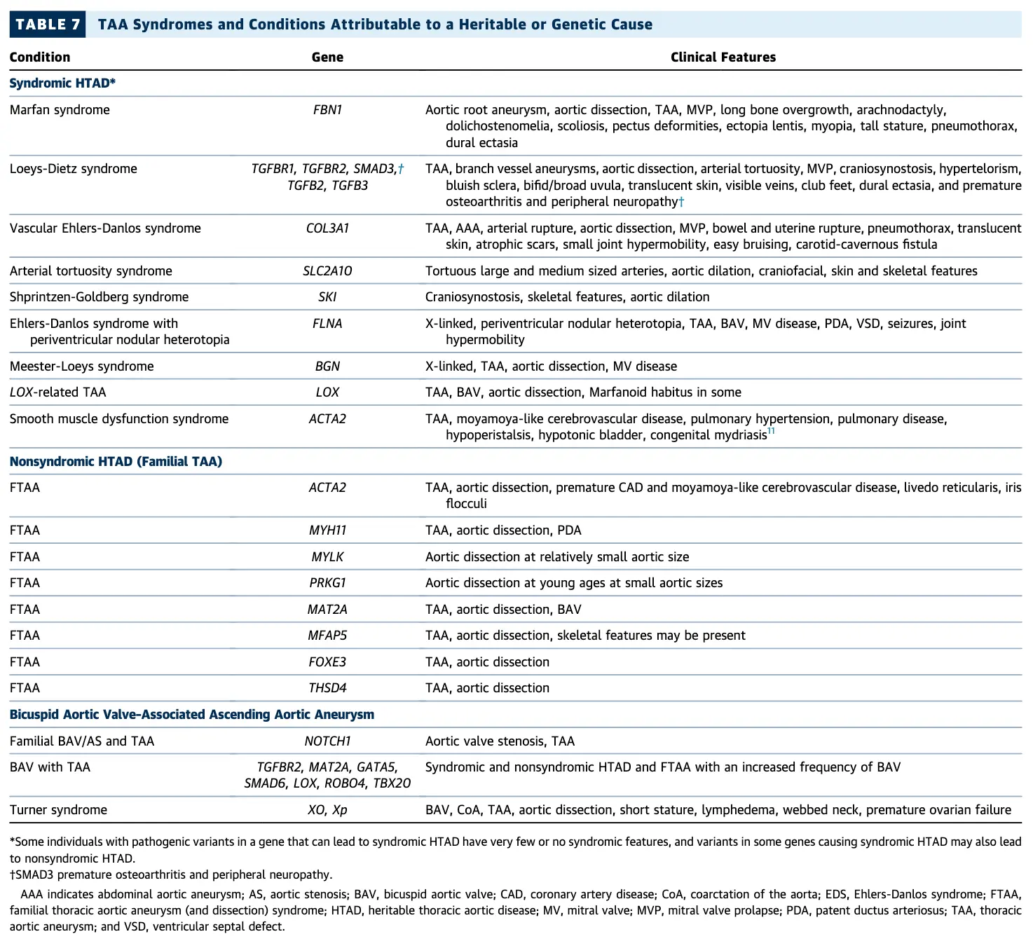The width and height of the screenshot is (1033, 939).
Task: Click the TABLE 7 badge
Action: (47, 25)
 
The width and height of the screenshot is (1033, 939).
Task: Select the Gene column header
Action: (327, 57)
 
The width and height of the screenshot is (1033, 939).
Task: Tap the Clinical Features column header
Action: (723, 57)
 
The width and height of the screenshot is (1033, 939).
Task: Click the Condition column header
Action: (40, 57)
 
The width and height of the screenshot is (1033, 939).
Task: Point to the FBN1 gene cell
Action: (327, 110)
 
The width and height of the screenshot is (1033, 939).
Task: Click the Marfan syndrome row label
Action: (60, 110)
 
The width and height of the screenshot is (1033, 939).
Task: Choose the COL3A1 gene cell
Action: (327, 228)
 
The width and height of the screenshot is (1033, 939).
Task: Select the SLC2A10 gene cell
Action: (327, 271)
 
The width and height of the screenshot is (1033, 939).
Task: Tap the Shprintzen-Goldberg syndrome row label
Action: (99, 297)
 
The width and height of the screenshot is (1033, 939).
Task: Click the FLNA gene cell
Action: (327, 324)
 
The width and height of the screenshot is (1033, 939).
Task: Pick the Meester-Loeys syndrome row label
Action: (81, 366)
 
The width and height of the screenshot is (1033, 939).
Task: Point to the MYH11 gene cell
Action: (327, 530)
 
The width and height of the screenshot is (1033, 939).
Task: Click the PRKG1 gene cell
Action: (327, 583)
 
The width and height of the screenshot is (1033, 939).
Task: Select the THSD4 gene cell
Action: (327, 688)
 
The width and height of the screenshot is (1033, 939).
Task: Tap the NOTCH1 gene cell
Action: (327, 741)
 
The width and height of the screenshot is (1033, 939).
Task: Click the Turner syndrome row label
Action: (58, 810)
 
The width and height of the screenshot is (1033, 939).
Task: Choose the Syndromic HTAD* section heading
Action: (62, 83)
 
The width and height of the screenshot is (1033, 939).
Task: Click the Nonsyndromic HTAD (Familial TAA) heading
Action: (116, 462)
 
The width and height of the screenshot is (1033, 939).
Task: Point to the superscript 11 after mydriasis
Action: (771, 432)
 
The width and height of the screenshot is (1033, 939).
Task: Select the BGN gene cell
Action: (327, 366)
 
